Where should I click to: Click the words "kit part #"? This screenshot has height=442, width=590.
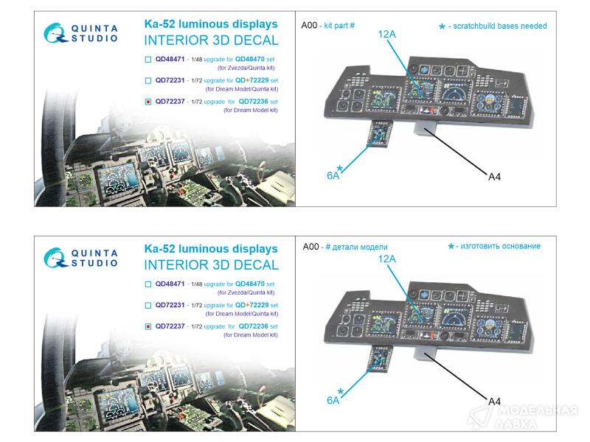tap(339, 26)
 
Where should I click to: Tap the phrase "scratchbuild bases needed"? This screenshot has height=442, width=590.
tap(500, 26)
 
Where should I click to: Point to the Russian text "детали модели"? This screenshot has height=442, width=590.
tap(360, 247)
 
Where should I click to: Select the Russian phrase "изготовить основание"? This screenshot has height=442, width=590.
tap(501, 246)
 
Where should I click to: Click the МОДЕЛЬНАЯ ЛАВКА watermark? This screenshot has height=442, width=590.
tap(525, 417)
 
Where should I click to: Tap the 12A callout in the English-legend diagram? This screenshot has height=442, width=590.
tap(386, 34)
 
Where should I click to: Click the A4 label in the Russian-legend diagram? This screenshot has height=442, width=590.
tap(494, 401)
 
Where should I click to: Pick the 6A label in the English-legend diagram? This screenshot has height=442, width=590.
tap(333, 175)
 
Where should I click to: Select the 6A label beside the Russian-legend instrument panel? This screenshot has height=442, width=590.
tap(333, 400)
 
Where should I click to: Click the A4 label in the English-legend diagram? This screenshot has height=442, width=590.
tap(494, 177)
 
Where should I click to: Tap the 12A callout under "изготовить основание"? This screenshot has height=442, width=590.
tap(386, 259)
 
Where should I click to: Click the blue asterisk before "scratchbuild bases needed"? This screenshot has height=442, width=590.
tap(442, 27)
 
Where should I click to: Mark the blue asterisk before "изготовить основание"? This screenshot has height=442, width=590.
tap(451, 247)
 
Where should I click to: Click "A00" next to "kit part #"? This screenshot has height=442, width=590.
tap(309, 25)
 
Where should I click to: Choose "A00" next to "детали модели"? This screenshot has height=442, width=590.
tap(310, 247)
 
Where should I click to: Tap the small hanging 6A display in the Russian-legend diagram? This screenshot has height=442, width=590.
tap(381, 359)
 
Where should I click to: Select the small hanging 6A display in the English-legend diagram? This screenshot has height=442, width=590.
tap(381, 134)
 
